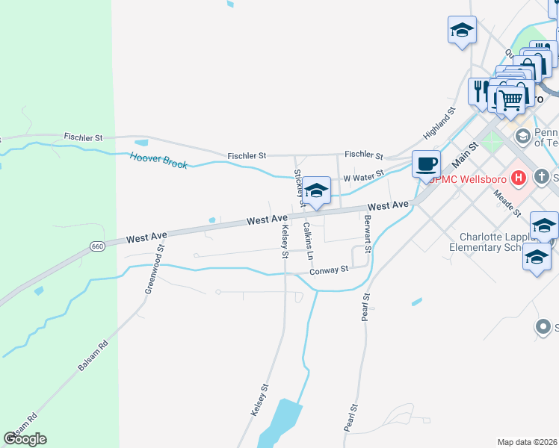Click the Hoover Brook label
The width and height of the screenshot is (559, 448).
pyautogui.click(x=158, y=160)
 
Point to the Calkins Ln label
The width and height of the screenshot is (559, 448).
pyautogui.click(x=309, y=240)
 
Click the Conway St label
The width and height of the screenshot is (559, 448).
pyautogui.click(x=330, y=270)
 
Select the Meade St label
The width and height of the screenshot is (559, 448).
pyautogui.click(x=507, y=202)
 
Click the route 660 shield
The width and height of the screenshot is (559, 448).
pyautogui.click(x=98, y=246)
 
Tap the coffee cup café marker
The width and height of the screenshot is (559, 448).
pyautogui.click(x=426, y=164)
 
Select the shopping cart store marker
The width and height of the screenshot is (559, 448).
pyautogui.click(x=511, y=99)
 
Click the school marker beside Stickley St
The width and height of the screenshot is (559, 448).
pyautogui.click(x=316, y=191)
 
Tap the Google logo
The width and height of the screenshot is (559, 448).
pyautogui.click(x=25, y=439)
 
